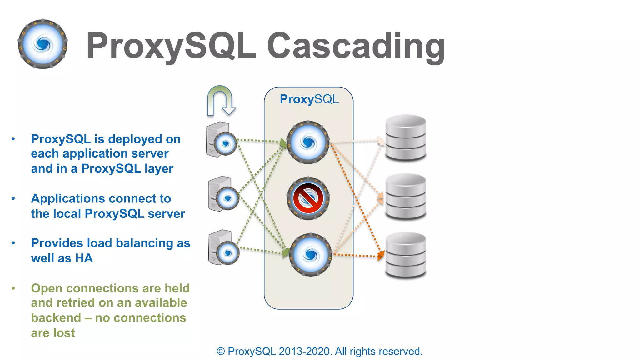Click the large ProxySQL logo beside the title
tap(43, 44)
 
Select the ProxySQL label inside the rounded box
tap(309, 99)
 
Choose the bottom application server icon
tap(223, 248)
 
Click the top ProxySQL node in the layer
tap(308, 142)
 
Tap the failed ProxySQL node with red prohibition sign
tap(308, 198)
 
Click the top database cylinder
tap(406, 137)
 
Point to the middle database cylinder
tap(406, 196)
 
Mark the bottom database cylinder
tap(406, 255)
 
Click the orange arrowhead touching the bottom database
tap(381, 256)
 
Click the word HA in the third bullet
tap(84, 258)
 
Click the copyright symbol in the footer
tap(221, 352)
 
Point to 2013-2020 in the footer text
tap(305, 352)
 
